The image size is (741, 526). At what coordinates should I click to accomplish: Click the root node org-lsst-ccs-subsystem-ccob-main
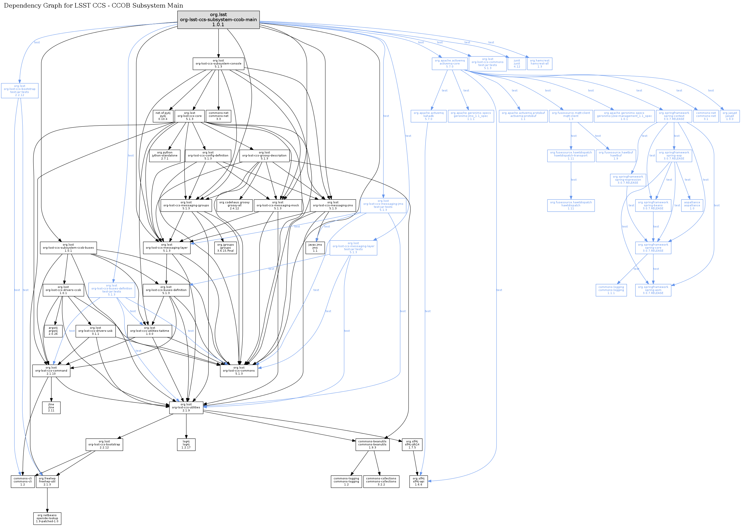[x=218, y=20]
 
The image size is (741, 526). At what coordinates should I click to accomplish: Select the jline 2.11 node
[x=51, y=407]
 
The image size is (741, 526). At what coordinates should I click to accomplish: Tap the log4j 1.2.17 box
[x=186, y=444]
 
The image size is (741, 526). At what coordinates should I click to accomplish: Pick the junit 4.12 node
[x=517, y=64]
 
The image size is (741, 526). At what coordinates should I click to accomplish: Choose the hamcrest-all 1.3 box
[x=539, y=64]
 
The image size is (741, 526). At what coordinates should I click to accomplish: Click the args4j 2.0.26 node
[x=53, y=331]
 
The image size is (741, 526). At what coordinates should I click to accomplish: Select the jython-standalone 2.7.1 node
[x=165, y=155]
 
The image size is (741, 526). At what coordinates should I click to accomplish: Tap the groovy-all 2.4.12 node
[x=234, y=205]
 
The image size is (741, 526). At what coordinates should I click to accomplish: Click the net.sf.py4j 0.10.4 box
[x=163, y=116]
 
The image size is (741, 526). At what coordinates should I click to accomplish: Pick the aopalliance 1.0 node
[x=692, y=205]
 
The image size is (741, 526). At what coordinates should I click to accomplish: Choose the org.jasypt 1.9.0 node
[x=729, y=116]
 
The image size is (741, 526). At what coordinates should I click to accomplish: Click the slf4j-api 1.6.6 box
[x=418, y=481]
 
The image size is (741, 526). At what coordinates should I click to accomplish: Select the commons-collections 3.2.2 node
[x=381, y=481]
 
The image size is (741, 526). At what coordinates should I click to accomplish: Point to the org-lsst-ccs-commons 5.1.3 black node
[x=239, y=371]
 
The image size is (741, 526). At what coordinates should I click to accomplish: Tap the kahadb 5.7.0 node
[x=428, y=116]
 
